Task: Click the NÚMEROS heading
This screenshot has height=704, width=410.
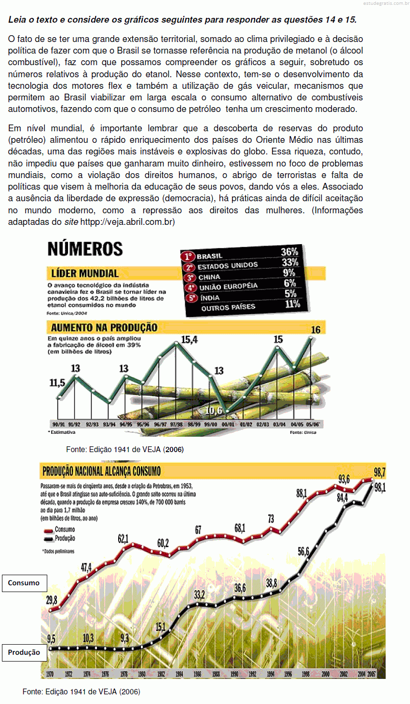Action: [x=85, y=249]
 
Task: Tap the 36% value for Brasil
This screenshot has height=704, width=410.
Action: [x=289, y=252]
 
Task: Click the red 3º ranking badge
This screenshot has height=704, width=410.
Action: [x=190, y=277]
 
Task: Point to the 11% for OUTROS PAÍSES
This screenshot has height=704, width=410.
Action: [x=292, y=304]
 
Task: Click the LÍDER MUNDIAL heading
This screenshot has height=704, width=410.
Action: [x=85, y=274]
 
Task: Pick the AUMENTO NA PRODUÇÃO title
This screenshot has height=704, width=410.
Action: [x=104, y=328]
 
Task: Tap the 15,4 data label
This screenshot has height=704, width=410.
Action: [x=189, y=340]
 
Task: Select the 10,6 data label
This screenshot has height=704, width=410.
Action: [x=214, y=411]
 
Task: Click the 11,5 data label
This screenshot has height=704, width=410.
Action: [x=57, y=383]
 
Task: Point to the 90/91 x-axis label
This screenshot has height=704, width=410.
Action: [x=58, y=424]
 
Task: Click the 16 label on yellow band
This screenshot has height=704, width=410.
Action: [x=315, y=330]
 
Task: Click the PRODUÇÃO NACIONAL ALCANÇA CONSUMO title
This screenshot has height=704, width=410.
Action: [x=101, y=471]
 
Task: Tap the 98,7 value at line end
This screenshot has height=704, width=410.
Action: [x=380, y=472]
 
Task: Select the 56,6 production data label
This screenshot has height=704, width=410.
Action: [x=303, y=551]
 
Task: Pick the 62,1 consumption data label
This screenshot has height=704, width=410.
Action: [x=123, y=538]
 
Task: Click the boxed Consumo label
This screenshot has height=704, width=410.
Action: [x=24, y=583]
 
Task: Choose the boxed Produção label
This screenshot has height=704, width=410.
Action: [x=24, y=652]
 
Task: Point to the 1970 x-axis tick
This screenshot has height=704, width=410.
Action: [x=50, y=674]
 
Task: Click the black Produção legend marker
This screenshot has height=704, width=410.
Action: [x=48, y=538]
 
